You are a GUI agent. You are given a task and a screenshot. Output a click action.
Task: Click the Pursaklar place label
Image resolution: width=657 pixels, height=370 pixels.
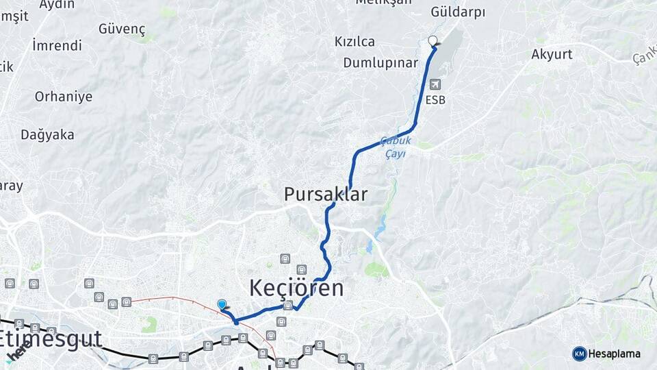click(x=326, y=195)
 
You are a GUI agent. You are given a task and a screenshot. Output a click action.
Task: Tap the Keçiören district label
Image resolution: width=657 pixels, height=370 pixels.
click(x=296, y=288)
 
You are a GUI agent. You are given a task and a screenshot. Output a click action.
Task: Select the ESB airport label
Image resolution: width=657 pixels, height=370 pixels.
click(x=435, y=100)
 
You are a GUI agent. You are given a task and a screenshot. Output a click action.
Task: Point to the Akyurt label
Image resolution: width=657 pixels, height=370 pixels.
click(x=552, y=54)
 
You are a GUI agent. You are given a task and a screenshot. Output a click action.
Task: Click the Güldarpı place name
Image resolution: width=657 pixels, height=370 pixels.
click(x=458, y=12)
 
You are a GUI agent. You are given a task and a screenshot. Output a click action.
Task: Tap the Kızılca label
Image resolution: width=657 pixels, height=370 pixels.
click(x=355, y=42)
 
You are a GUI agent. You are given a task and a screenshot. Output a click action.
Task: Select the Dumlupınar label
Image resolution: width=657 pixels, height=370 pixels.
click(x=381, y=63)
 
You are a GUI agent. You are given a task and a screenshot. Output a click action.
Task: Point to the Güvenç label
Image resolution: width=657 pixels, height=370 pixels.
click(x=122, y=29)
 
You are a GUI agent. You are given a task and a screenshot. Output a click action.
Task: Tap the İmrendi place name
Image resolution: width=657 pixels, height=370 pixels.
click(x=57, y=46)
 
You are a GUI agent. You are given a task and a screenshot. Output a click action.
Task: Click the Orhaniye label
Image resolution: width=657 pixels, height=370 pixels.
click(x=64, y=97)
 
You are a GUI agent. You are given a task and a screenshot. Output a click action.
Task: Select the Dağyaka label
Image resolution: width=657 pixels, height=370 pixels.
click(x=47, y=135)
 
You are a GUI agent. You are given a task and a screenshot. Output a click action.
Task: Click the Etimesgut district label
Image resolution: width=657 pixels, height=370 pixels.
click(x=51, y=338)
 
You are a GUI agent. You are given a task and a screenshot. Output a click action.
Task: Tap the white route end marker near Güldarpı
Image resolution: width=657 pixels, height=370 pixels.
click(x=432, y=40)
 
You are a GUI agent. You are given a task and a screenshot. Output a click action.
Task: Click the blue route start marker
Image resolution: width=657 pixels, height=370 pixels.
click(x=222, y=304)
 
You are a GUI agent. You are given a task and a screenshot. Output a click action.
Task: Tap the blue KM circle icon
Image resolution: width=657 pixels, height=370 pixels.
click(x=579, y=354)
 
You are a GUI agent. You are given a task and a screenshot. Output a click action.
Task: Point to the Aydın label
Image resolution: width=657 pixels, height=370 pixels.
click(x=57, y=5)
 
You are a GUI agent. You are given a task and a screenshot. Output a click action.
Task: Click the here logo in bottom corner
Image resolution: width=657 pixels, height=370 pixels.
click(x=18, y=352)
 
